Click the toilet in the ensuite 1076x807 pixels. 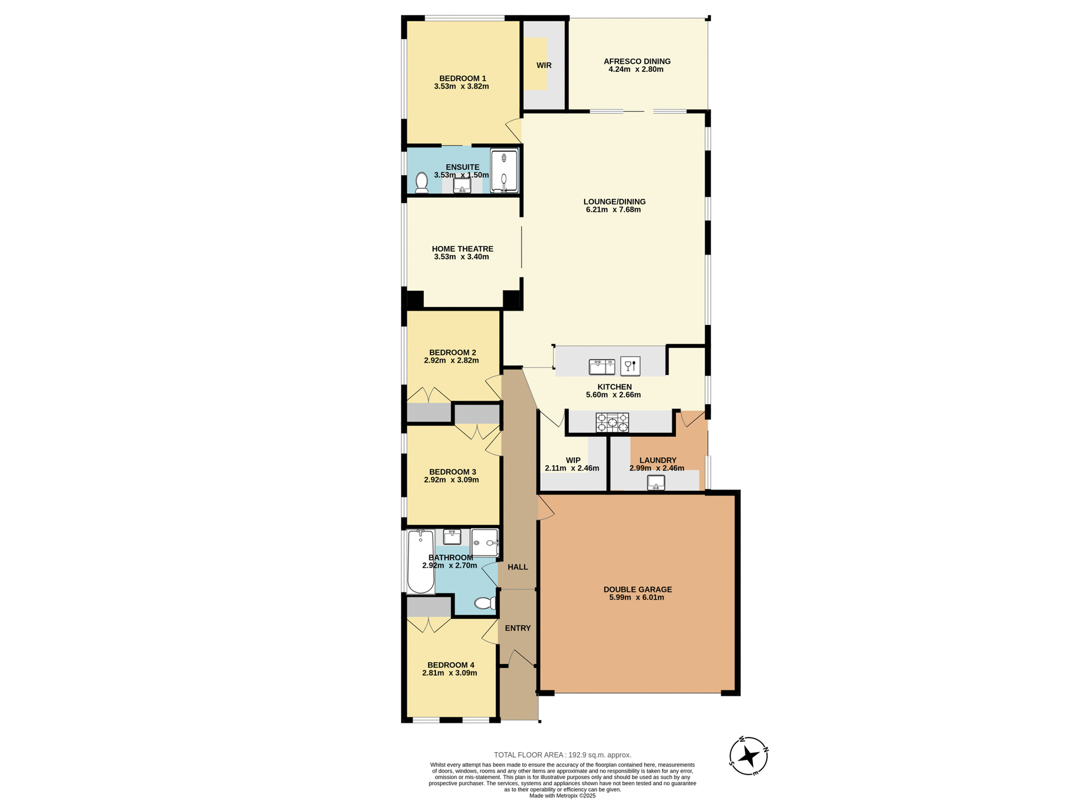421,183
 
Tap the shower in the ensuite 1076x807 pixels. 504,170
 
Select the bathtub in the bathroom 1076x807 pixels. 421,562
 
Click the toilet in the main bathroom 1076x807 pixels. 485,603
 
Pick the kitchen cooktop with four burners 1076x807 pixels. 612,423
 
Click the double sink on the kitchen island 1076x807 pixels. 602,367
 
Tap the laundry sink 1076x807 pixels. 656,483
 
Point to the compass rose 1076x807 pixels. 748,757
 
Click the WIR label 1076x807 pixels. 544,66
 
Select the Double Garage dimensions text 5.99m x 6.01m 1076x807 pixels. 637,597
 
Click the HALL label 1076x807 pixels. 518,567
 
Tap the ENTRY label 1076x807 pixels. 517,628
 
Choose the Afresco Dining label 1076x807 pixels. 637,62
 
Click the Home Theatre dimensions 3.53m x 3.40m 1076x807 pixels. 461,257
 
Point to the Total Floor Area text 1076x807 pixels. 562,755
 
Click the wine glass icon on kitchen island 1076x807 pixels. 630,367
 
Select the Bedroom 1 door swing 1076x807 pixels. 514,130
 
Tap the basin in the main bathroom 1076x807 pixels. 452,537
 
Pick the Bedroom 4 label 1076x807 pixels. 451,665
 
